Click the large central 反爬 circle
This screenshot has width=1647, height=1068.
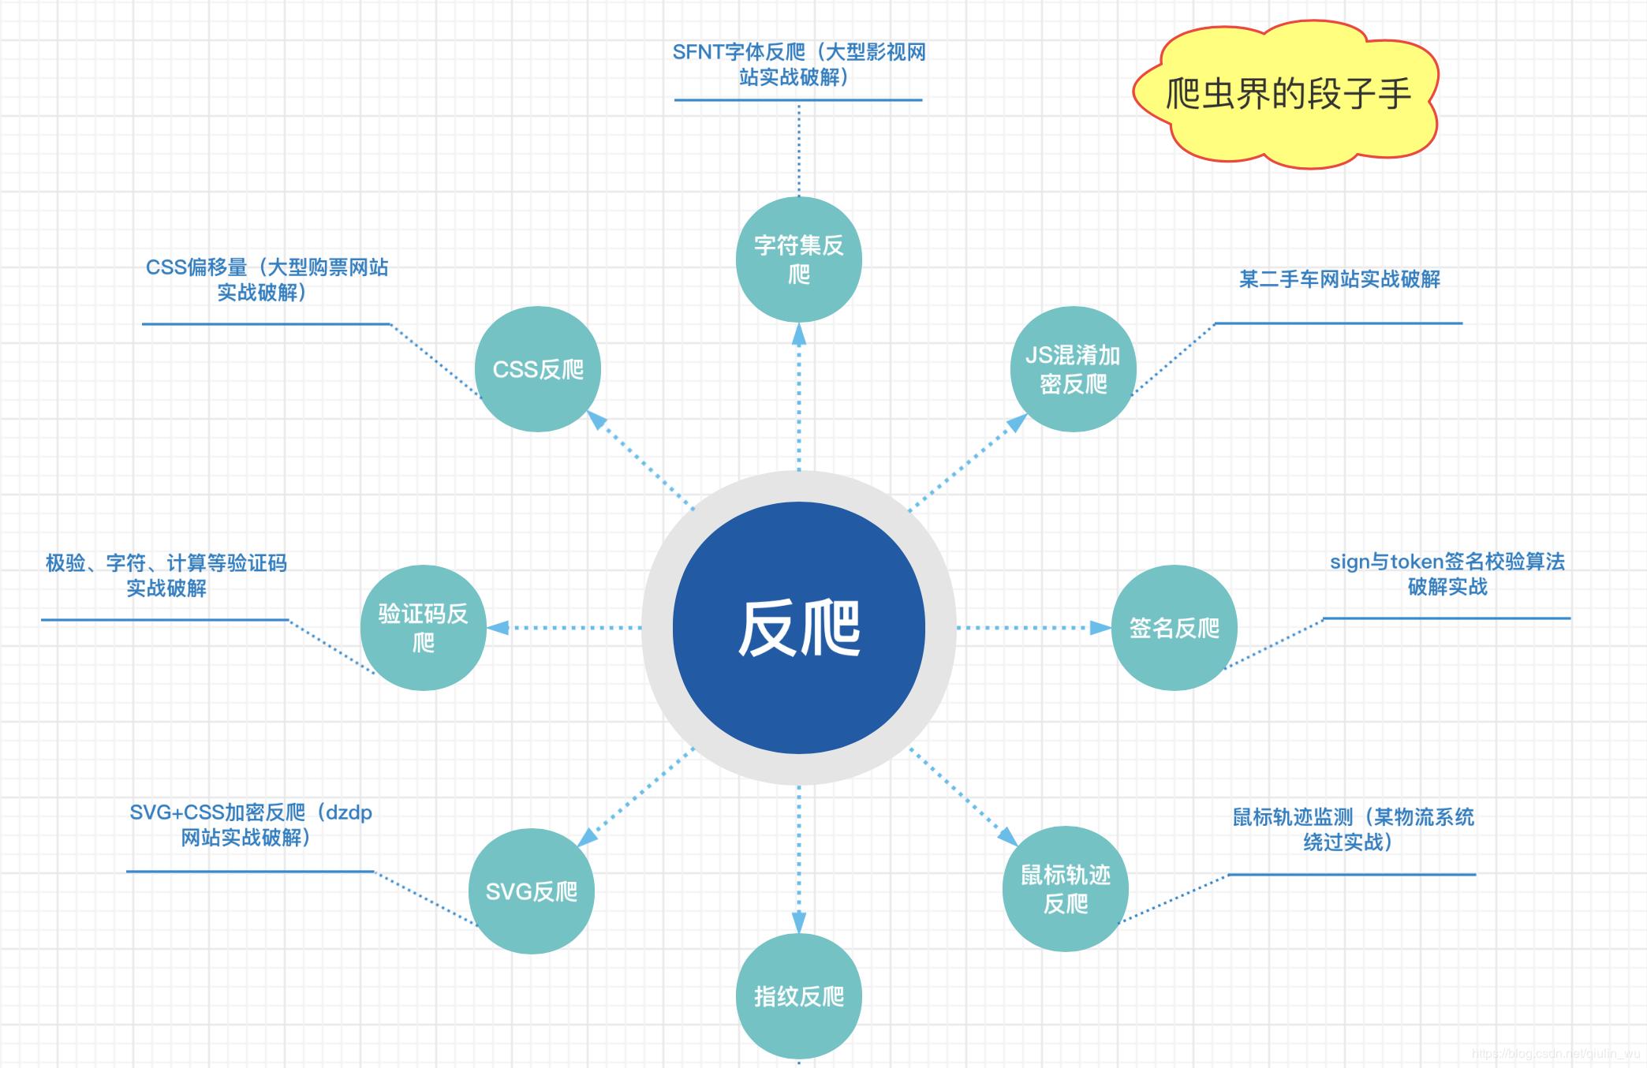(x=798, y=628)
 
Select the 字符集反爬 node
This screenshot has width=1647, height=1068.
(x=798, y=260)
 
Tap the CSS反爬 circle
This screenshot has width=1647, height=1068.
(x=538, y=369)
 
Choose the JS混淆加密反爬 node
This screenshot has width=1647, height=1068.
(x=1073, y=369)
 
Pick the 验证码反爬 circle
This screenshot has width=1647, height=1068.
(x=423, y=628)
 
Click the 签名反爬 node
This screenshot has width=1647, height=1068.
(x=1174, y=628)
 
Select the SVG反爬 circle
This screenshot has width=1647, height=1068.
(x=531, y=891)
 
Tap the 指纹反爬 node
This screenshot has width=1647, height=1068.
(x=798, y=996)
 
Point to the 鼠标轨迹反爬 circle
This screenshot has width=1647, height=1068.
(x=1065, y=889)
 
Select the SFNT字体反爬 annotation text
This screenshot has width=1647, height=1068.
(x=798, y=65)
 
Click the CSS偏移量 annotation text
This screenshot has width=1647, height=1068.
(x=267, y=280)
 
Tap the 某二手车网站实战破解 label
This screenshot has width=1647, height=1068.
(x=1339, y=279)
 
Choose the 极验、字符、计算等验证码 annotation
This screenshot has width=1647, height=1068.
(x=166, y=575)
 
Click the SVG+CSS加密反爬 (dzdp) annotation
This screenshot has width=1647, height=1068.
(x=250, y=825)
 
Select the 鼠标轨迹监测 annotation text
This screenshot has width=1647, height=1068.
(x=1353, y=829)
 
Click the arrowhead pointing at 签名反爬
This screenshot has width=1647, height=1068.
(x=1100, y=628)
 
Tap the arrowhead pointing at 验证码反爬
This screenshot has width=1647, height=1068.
(x=498, y=628)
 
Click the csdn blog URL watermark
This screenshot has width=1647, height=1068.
(x=1555, y=1054)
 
